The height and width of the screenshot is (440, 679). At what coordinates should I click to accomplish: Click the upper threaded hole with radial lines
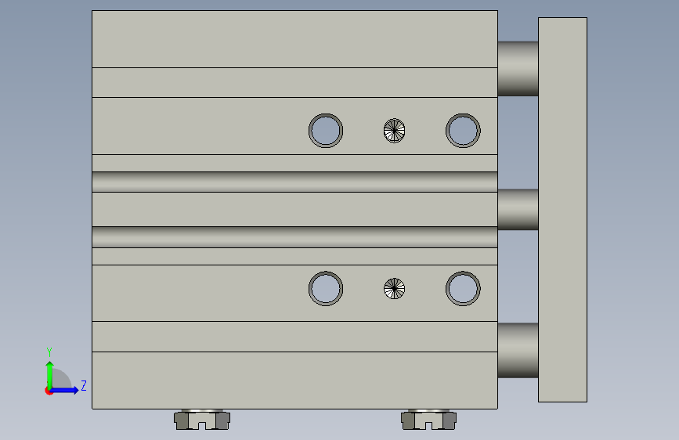[x=394, y=130]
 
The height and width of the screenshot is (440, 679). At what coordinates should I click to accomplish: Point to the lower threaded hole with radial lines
[x=394, y=288]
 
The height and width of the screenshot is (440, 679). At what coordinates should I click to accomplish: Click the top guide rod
[x=518, y=68]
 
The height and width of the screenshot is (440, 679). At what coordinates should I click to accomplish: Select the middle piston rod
[x=518, y=209]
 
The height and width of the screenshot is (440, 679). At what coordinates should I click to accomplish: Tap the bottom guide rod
[x=518, y=350]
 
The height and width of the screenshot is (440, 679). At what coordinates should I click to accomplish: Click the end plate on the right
[x=562, y=210]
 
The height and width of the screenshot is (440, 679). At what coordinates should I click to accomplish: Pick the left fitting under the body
[x=202, y=419]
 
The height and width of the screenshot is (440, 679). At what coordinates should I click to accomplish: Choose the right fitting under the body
[x=428, y=419]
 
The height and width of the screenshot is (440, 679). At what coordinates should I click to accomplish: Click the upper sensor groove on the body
[x=294, y=182]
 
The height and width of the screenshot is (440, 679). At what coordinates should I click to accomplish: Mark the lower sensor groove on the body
[x=294, y=237]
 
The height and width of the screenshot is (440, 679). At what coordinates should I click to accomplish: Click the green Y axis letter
[x=49, y=352]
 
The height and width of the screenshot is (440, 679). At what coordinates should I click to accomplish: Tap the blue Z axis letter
[x=84, y=385]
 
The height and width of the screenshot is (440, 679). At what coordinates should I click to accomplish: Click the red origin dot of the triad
[x=49, y=391]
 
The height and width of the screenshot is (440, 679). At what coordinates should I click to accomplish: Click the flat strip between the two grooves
[x=294, y=209]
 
